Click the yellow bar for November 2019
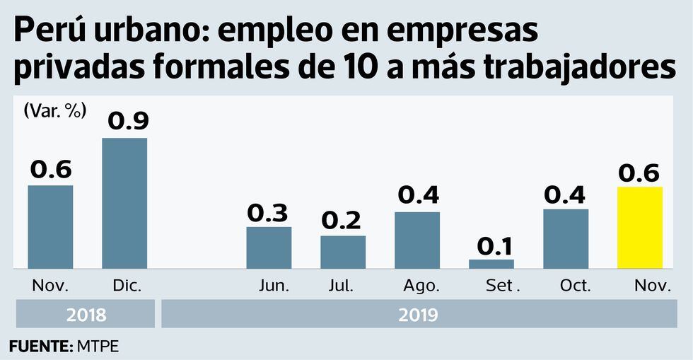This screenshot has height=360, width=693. [x=640, y=228]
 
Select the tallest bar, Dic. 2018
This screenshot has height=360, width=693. [x=124, y=203]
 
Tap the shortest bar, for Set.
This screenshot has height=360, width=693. [x=491, y=264]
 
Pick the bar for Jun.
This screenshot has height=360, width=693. [x=269, y=248]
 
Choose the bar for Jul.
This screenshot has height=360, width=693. [x=343, y=252]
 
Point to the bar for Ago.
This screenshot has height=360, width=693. [x=417, y=240]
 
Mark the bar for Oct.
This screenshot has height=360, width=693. [x=566, y=238]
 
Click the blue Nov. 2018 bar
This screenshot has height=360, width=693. [x=50, y=226]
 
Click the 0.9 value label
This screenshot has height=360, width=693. [x=128, y=121]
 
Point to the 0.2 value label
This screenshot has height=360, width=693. [x=343, y=221]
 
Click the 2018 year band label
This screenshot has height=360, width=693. [x=86, y=314]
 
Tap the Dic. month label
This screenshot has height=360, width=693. [x=127, y=286]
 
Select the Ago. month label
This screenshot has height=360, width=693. [x=421, y=286]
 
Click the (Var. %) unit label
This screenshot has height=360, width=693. [x=54, y=110]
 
